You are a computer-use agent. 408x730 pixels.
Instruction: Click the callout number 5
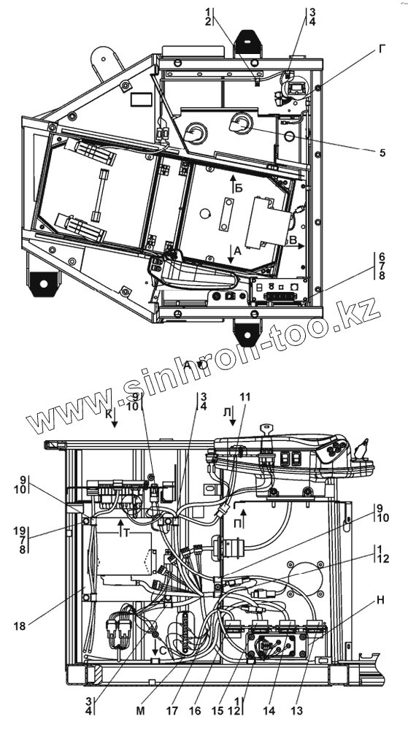tap(382, 153)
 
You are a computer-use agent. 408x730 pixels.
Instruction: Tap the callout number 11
tap(245, 396)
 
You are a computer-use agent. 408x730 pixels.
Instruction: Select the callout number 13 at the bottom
tap(296, 711)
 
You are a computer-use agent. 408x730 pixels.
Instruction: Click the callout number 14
tap(269, 711)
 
